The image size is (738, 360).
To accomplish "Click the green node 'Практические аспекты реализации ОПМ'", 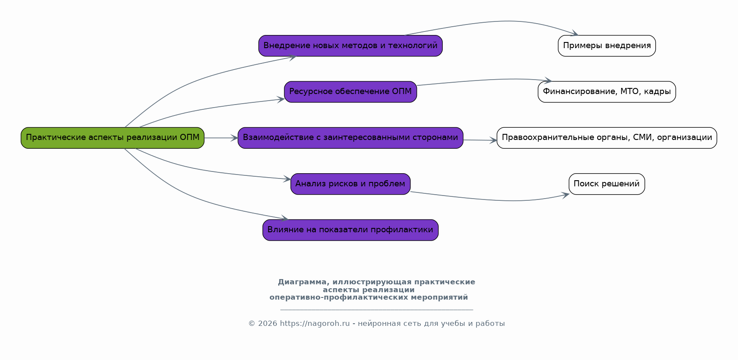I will tap(112, 138).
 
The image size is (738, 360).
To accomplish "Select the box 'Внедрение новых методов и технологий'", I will tap(350, 46).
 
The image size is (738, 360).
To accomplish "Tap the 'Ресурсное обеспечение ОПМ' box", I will tap(350, 92).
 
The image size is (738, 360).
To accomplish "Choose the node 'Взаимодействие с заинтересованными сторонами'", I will tap(350, 138).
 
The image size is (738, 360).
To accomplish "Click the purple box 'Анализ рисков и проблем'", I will tap(350, 184).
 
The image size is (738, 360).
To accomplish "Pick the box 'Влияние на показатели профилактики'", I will tap(350, 230).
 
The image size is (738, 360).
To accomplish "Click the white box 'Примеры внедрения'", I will tap(607, 46).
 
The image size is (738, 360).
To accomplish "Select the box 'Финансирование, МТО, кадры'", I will tap(607, 92).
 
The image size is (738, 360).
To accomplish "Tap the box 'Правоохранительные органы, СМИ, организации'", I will tap(607, 138).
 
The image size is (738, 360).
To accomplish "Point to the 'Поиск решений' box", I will tap(607, 184).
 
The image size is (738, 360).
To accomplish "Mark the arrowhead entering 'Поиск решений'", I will tap(566, 195).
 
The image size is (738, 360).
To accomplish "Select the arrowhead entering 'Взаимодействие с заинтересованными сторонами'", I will tap(234, 138).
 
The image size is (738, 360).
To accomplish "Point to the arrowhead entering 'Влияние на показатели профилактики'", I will tap(285, 219).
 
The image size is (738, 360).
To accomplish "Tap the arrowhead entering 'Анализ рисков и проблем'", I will tap(287, 179).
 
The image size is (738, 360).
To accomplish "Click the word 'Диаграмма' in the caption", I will tap(301, 282).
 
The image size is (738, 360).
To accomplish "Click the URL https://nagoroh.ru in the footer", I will tap(315, 324).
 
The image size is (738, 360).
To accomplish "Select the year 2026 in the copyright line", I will tap(267, 324).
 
